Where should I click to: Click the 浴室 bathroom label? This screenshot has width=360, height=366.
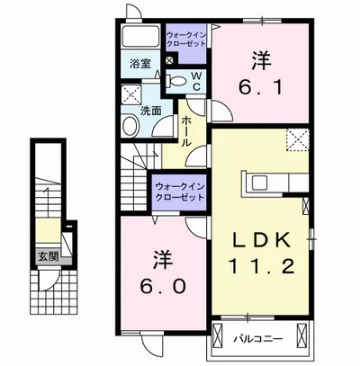140,64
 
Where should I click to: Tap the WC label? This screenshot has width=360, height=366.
196,80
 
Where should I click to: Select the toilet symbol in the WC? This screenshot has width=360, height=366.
176,81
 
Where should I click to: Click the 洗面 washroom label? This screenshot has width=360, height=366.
151,112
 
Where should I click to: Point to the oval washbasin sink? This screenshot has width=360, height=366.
130,126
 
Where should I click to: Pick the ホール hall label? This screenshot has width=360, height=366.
186,131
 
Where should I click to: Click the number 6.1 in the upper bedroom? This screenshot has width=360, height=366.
260,87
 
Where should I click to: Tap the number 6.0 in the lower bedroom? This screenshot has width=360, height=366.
163,287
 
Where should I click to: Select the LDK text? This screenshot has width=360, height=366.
261,241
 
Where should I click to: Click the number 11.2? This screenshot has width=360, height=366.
261,266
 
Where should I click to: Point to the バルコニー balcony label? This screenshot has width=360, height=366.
258,339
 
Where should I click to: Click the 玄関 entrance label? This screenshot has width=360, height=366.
48,256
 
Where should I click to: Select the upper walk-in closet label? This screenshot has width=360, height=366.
186,40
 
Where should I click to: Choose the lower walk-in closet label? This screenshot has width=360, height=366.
179,192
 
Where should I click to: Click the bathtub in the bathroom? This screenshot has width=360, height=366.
140,36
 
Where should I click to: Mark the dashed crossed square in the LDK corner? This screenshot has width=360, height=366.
297,139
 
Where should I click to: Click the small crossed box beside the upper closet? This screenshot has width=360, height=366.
169,60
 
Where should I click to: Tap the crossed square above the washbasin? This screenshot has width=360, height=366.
131,94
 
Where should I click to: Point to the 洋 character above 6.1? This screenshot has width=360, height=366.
261,60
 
